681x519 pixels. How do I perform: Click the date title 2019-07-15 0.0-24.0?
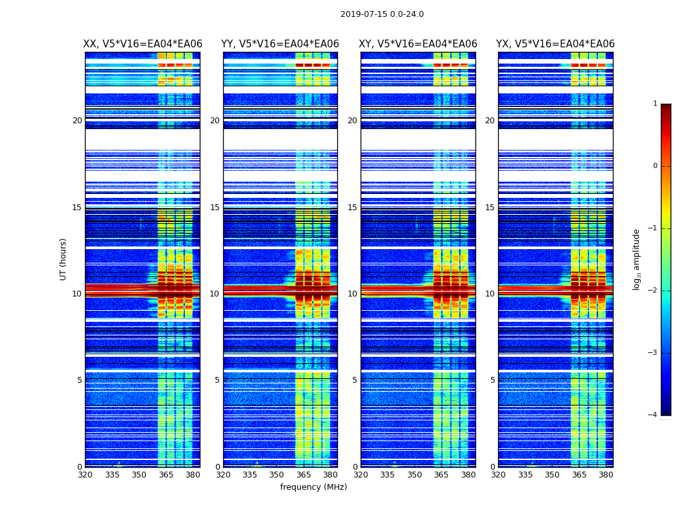click(x=382, y=14)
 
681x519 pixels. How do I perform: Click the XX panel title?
click(x=143, y=44)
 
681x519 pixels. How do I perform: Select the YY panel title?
click(x=280, y=44)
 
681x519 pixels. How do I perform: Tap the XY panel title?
click(x=418, y=44)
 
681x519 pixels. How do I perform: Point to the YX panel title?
click(x=555, y=44)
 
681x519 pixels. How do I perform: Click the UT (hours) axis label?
click(x=64, y=259)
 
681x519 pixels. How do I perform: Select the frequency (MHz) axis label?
click(x=313, y=487)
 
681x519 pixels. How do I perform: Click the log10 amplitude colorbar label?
click(x=637, y=259)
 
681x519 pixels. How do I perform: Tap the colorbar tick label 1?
click(x=655, y=104)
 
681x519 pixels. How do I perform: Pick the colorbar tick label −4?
click(x=653, y=415)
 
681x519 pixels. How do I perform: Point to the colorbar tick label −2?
click(x=653, y=291)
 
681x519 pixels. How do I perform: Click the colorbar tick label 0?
click(x=655, y=166)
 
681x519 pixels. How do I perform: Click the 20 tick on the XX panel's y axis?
click(x=77, y=121)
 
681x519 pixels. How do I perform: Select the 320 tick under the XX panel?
click(x=85, y=475)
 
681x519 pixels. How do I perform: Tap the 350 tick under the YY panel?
click(x=277, y=475)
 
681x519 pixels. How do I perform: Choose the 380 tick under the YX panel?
click(x=606, y=475)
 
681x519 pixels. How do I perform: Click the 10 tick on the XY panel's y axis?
click(x=352, y=294)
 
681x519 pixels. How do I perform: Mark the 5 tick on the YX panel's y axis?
click(x=493, y=380)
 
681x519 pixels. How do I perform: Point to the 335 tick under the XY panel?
click(x=388, y=475)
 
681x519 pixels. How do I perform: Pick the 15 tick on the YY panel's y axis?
click(x=215, y=208)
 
